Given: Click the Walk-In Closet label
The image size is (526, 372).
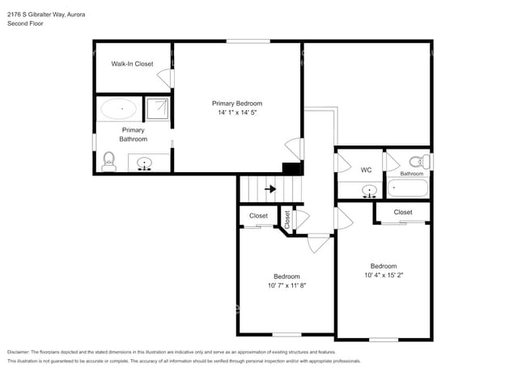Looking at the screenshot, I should point(132,63).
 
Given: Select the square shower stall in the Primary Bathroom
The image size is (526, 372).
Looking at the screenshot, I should point(158,108).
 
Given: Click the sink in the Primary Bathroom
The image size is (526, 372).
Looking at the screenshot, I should point(146,164).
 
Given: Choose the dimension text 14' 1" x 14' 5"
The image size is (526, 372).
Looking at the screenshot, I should point(237,113).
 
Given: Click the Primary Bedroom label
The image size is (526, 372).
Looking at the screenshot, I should point(237,103).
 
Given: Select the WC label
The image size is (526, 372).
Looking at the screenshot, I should point(366,170).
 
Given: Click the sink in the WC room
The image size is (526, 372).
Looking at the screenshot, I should point(370,192).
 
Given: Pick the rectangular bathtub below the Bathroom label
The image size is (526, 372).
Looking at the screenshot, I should point(409,189).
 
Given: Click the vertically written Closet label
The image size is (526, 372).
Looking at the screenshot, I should point(286,218).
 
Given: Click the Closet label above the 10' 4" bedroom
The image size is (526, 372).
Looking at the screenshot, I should point(403,212).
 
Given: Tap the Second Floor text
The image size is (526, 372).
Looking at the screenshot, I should point(25,24).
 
